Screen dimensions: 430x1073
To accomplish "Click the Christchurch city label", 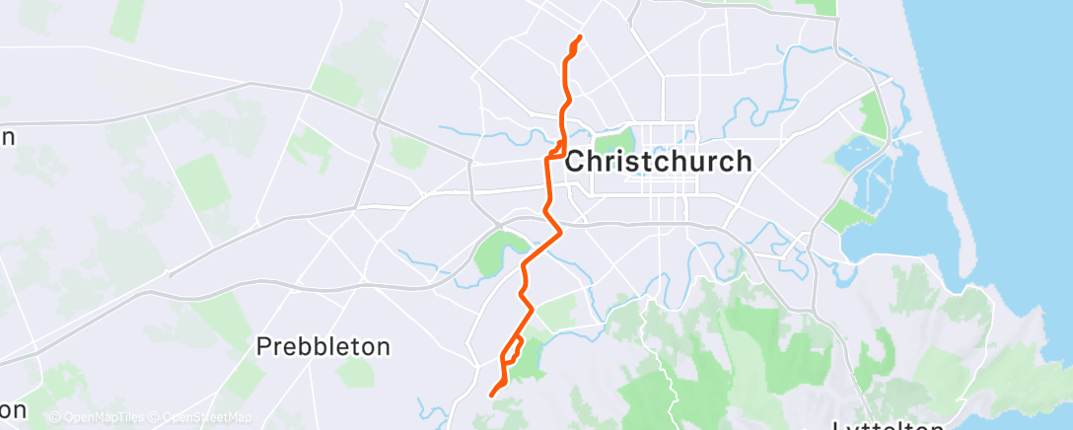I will [x=659, y=161].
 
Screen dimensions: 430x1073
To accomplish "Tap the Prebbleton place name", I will [x=323, y=347].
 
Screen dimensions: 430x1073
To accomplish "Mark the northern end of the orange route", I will [x=578, y=37].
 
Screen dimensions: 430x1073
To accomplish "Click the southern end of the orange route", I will [x=491, y=395].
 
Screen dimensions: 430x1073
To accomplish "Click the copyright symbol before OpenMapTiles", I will [x=54, y=418].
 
